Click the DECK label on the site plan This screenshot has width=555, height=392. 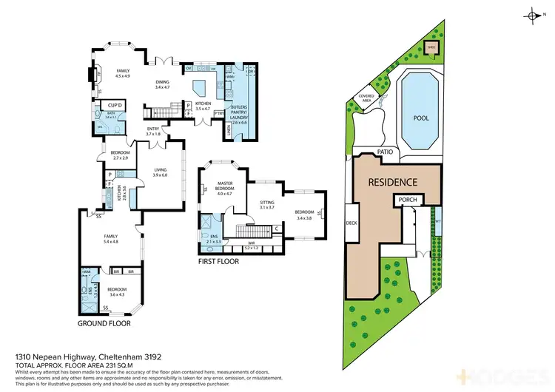pos(351,223)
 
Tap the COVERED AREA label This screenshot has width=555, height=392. pos(368,97)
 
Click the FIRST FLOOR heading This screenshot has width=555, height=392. pos(220,261)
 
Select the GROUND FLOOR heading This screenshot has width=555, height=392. pos(104,324)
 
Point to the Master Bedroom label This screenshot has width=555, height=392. pos(225,186)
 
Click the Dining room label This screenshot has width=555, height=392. pos(163,84)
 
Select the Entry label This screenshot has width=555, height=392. pos(153,131)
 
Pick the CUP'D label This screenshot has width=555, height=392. pos(115,107)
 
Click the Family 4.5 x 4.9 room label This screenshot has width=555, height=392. pos(122,72)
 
